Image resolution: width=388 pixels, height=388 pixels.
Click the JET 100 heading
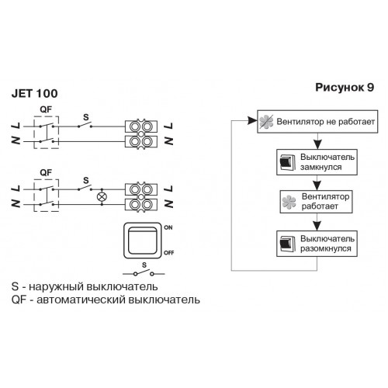[x=34, y=94]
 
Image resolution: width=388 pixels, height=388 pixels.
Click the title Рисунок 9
[x=345, y=88]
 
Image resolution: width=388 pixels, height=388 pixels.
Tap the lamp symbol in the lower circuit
[x=102, y=197]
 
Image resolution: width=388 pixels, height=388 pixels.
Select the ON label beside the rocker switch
[x=168, y=227]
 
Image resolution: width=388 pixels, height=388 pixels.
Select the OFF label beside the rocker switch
[x=169, y=253]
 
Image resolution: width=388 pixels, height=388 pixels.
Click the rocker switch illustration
[x=143, y=241]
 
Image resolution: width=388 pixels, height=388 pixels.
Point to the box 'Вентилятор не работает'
[x=317, y=122]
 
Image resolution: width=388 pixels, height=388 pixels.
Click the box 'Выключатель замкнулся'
[x=317, y=162]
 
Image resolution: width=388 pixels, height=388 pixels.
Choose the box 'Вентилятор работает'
[x=316, y=202]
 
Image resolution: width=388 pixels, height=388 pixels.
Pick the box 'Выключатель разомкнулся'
[x=317, y=244]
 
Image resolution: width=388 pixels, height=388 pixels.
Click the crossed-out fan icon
[x=266, y=122]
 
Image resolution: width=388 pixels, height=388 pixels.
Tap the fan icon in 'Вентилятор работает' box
[x=289, y=202]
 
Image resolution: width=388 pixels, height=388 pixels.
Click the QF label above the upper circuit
[x=46, y=109]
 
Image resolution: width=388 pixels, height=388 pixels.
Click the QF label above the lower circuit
[x=46, y=172]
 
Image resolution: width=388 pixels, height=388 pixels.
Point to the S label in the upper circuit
[x=86, y=117]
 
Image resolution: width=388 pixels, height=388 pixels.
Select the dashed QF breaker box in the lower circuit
[x=34, y=196]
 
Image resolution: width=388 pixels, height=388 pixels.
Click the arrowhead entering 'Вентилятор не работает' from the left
[x=252, y=120]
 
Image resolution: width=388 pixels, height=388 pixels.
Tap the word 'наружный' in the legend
[x=54, y=287]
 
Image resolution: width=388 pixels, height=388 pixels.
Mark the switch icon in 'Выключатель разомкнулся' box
[x=288, y=244]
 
